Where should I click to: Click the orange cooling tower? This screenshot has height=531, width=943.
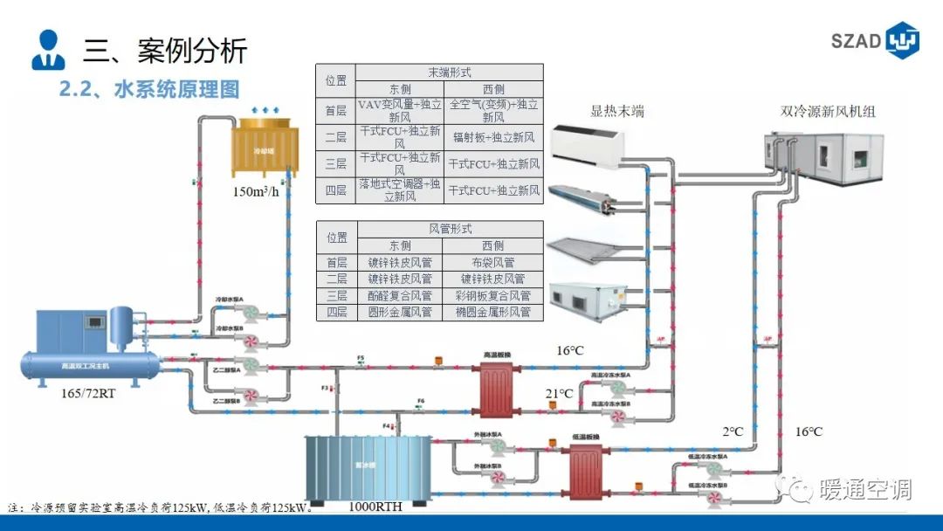click(260, 149)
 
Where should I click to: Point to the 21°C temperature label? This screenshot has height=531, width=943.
click(560, 394)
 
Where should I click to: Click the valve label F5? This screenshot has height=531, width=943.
click(360, 358)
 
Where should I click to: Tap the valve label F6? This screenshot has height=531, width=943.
click(420, 402)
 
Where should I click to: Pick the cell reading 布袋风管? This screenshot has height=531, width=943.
click(493, 262)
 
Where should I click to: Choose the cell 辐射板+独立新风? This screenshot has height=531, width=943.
click(493, 137)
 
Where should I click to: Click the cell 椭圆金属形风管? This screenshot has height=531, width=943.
click(493, 312)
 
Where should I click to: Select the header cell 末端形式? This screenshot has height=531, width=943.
click(450, 72)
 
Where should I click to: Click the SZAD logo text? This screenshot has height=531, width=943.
click(856, 42)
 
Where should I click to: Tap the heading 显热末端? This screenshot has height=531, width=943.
click(617, 111)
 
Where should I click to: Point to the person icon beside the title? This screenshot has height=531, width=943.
click(48, 50)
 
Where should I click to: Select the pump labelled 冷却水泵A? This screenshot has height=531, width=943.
click(251, 314)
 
